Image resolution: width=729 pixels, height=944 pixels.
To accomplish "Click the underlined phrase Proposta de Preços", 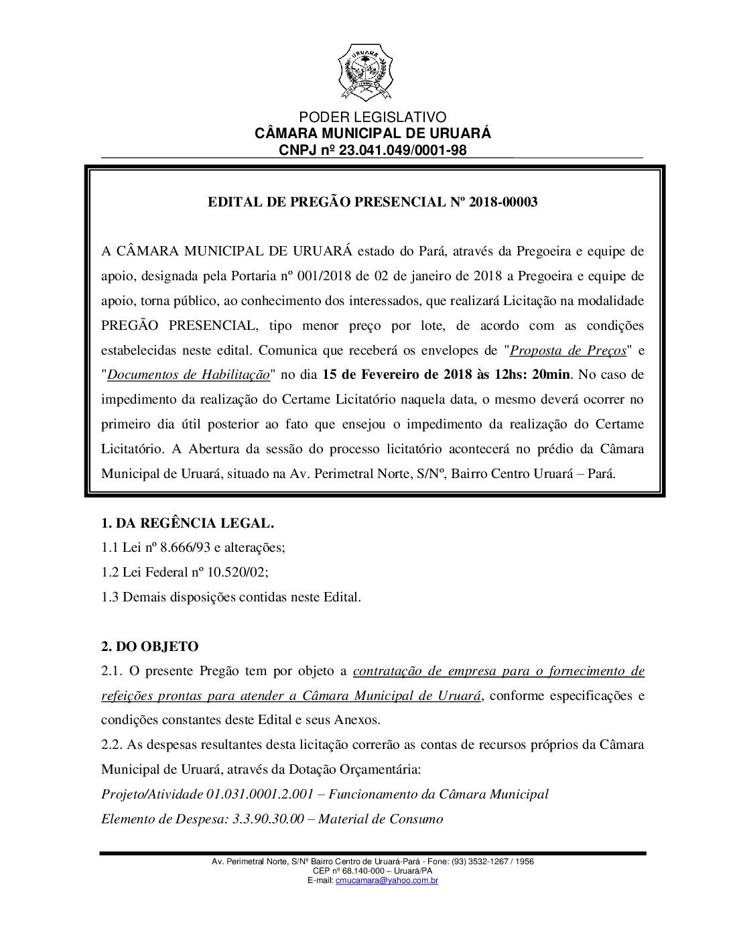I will pos(568,350).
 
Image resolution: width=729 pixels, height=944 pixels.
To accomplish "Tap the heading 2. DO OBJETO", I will pos(149,647).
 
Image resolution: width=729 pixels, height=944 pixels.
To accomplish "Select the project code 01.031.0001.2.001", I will pos(260,794).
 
